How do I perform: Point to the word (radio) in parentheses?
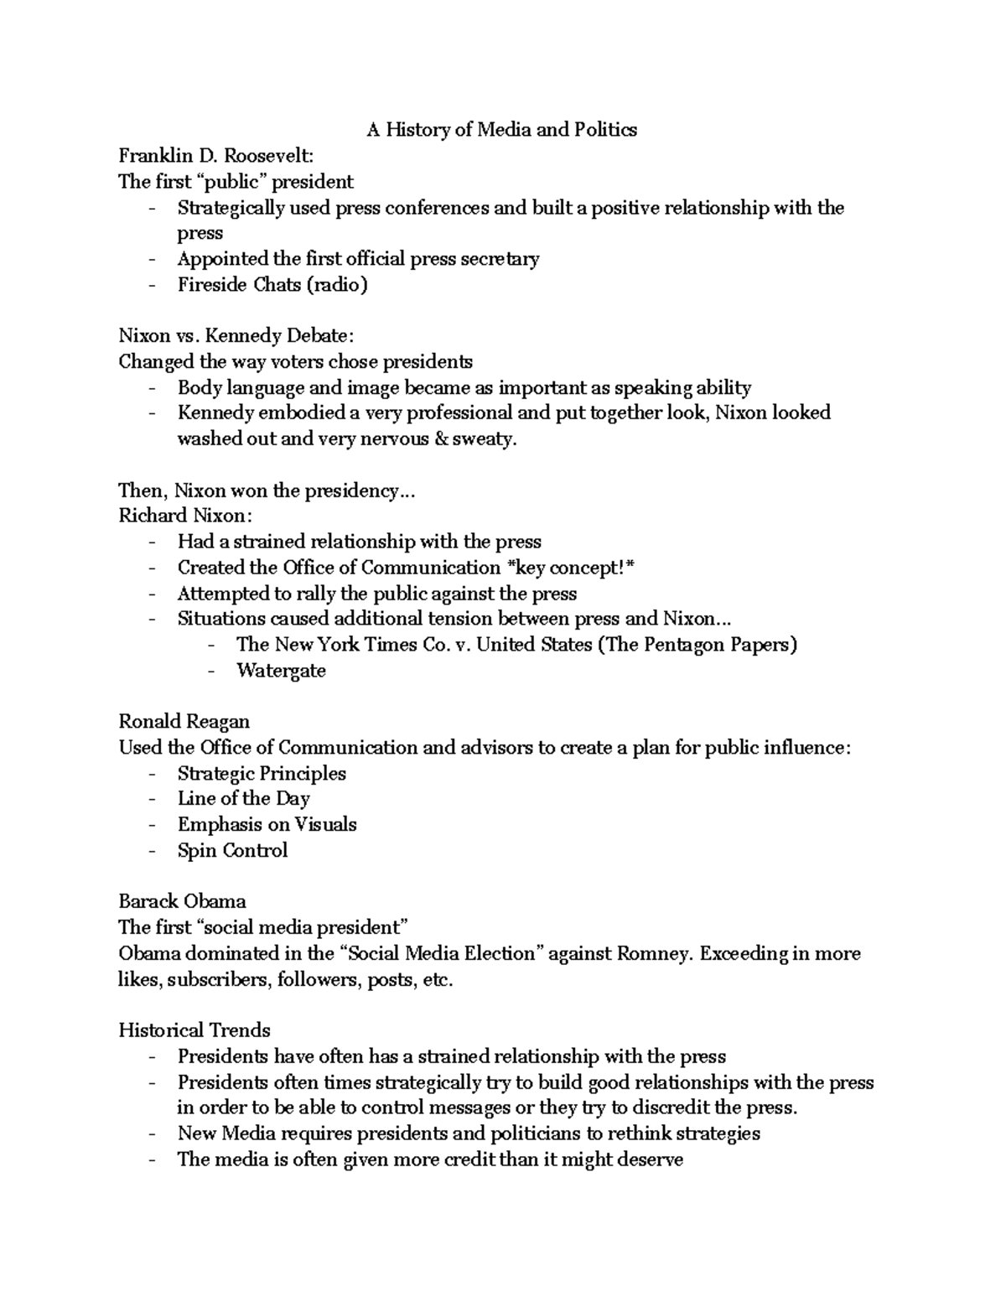(336, 285)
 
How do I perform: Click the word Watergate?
(281, 671)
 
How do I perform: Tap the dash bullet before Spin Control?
(151, 851)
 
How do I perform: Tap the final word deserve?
(651, 1160)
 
